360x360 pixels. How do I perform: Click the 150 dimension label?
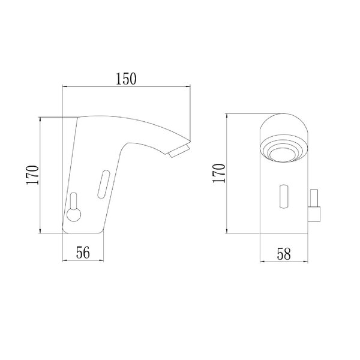126,79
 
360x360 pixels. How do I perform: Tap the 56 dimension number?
83,253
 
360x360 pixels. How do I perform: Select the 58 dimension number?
284,254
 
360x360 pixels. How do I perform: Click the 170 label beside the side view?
32,175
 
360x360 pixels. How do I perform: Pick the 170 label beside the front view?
219,173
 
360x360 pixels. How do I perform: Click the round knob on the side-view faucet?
74,215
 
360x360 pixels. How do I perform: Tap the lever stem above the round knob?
73,201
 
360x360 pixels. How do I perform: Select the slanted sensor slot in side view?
104,184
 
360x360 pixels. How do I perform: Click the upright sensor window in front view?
284,196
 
